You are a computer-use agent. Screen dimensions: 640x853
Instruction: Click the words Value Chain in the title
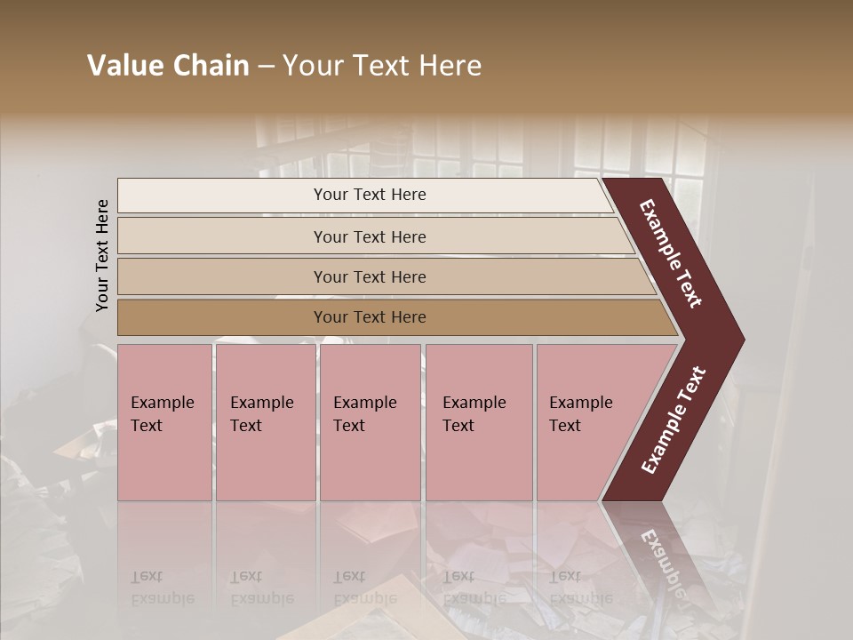168,66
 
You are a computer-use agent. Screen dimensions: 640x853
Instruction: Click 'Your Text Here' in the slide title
382,66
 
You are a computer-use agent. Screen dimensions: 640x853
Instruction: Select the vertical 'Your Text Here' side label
102,255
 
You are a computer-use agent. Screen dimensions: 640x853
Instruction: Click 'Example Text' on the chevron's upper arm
671,253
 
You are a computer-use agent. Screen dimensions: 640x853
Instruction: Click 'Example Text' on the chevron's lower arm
674,420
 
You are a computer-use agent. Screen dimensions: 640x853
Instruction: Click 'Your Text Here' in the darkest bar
370,317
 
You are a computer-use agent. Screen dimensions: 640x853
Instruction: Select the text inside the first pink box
162,413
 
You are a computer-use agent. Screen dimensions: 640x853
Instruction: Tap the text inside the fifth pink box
580,413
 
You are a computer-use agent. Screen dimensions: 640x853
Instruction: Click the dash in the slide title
266,67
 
